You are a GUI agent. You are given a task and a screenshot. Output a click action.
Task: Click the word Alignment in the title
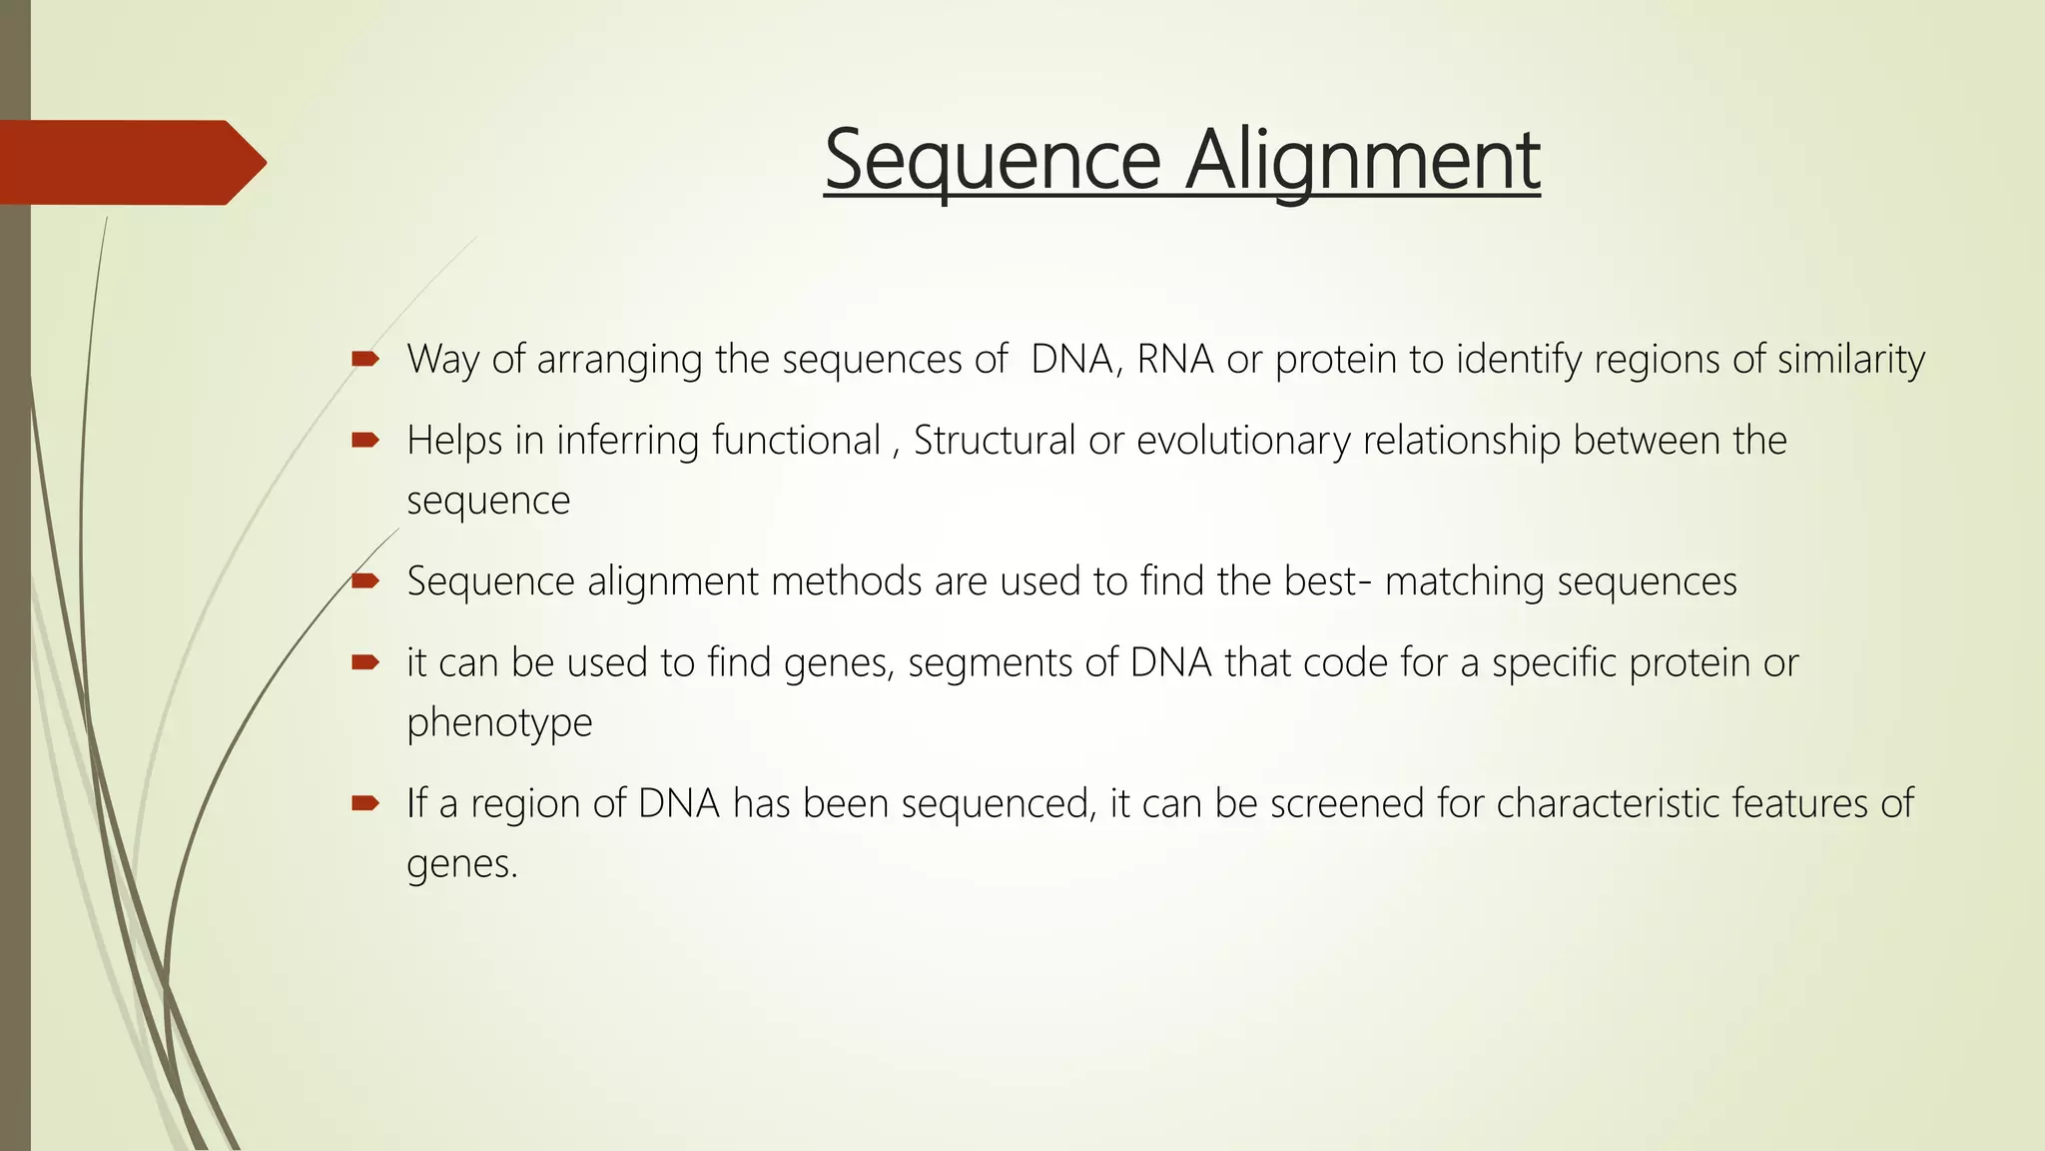1363,160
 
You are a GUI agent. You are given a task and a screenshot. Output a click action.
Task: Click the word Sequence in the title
993,160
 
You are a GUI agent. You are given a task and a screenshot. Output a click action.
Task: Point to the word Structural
994,441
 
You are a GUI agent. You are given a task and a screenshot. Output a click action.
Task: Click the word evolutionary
1243,441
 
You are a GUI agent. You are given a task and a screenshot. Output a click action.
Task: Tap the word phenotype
499,722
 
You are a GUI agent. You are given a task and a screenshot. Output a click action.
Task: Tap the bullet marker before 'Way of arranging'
364,358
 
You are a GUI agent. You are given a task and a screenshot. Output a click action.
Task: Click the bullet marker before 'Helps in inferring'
364,440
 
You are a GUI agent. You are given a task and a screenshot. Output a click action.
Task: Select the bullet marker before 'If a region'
364,802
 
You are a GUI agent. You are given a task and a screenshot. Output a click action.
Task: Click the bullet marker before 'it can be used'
364,661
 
